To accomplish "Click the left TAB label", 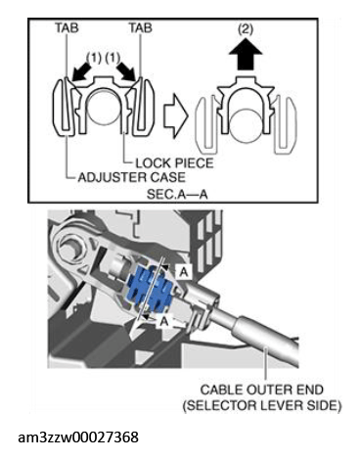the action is (67, 27).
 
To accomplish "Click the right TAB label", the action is (141, 27).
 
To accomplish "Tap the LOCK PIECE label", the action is (174, 162).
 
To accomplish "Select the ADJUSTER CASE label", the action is (132, 177).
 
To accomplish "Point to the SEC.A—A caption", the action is (177, 195).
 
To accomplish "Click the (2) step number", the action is (246, 29).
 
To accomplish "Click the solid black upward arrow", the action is (246, 53).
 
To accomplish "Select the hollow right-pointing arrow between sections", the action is (175, 116).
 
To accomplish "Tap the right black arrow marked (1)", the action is (126, 71).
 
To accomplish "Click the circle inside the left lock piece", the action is (102, 107).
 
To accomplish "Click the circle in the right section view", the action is (246, 125).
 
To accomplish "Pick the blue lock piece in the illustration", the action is (151, 286).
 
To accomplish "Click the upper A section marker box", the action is (184, 271).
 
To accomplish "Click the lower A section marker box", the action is (164, 321).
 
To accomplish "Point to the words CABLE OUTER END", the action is (261, 390).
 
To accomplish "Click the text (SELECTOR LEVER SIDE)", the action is (261, 406).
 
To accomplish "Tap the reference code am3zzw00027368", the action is (78, 437).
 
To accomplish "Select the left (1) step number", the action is (94, 58).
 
